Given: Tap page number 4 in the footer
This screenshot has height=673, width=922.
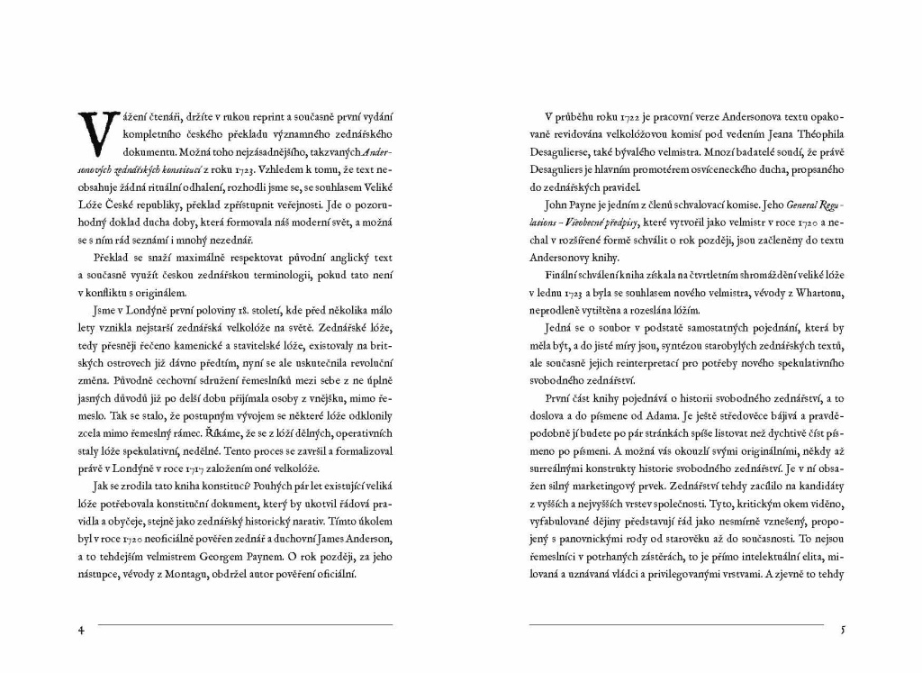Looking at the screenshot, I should [x=82, y=630].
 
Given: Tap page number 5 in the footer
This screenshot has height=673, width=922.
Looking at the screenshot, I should [x=843, y=630].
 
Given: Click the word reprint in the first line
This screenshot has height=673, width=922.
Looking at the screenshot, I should [x=261, y=118].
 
